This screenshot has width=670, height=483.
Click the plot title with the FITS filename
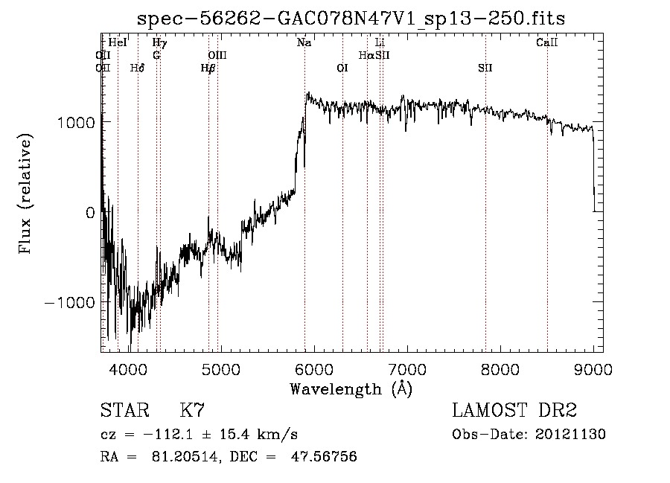click(351, 19)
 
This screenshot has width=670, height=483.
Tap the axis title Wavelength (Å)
click(351, 388)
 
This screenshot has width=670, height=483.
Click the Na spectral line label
click(304, 43)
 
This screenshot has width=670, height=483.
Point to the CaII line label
click(547, 43)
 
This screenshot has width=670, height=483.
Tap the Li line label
click(380, 43)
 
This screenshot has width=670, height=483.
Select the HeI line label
click(118, 43)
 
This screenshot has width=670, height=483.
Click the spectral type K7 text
click(192, 411)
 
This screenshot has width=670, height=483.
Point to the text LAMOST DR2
click(514, 411)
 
